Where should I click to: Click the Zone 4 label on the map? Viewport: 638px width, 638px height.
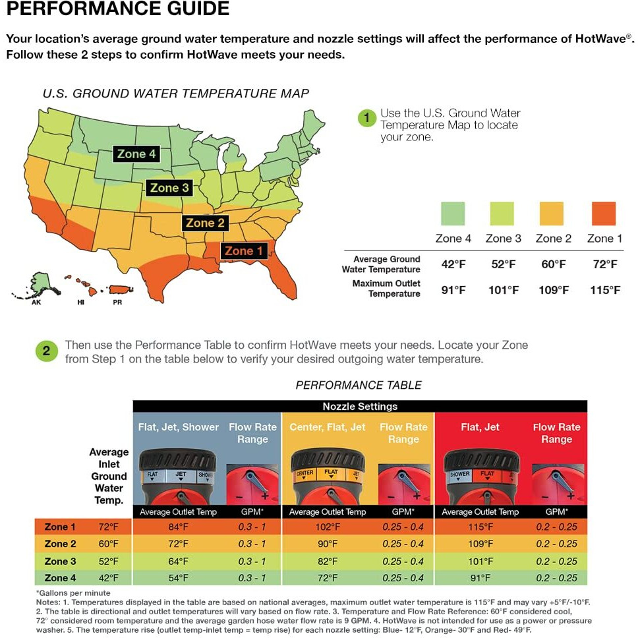(x=136, y=154)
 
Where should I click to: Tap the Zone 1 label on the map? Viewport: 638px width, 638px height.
(x=243, y=250)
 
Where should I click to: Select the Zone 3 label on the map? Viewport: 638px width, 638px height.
(x=169, y=188)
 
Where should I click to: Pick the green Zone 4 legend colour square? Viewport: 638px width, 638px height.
(x=453, y=214)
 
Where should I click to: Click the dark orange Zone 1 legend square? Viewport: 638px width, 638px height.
(x=604, y=214)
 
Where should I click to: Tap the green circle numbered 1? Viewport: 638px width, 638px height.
(x=367, y=118)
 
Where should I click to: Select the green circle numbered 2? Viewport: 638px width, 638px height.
(x=46, y=351)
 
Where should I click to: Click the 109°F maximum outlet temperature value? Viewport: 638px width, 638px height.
(x=554, y=290)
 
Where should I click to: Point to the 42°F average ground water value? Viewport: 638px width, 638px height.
(x=453, y=264)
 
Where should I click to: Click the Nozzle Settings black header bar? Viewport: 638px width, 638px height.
(x=360, y=406)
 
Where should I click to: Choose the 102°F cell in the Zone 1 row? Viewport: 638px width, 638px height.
(x=328, y=527)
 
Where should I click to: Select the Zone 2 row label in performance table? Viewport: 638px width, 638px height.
(x=60, y=544)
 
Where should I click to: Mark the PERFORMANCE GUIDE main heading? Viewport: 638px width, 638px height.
(x=118, y=9)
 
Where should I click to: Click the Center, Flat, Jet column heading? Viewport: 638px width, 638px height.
(x=327, y=427)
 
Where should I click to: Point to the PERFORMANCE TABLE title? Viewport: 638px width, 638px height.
(x=359, y=385)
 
